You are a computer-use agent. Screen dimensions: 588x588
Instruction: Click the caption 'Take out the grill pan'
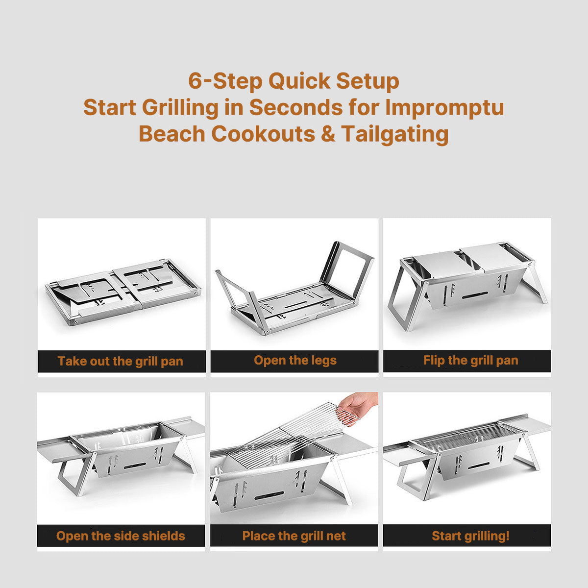(121, 362)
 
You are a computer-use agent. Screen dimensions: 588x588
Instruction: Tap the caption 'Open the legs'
(295, 361)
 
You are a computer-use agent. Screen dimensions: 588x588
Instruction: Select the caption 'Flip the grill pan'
(470, 361)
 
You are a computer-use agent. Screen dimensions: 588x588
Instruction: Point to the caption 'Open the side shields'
(121, 536)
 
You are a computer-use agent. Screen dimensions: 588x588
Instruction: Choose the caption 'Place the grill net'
(294, 536)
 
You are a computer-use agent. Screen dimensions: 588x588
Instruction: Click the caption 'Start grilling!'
(470, 536)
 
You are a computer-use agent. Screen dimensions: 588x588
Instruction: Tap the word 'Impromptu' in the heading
(444, 107)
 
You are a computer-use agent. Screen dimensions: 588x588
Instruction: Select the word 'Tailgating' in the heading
(395, 133)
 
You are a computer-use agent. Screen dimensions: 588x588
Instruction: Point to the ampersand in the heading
(328, 133)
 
